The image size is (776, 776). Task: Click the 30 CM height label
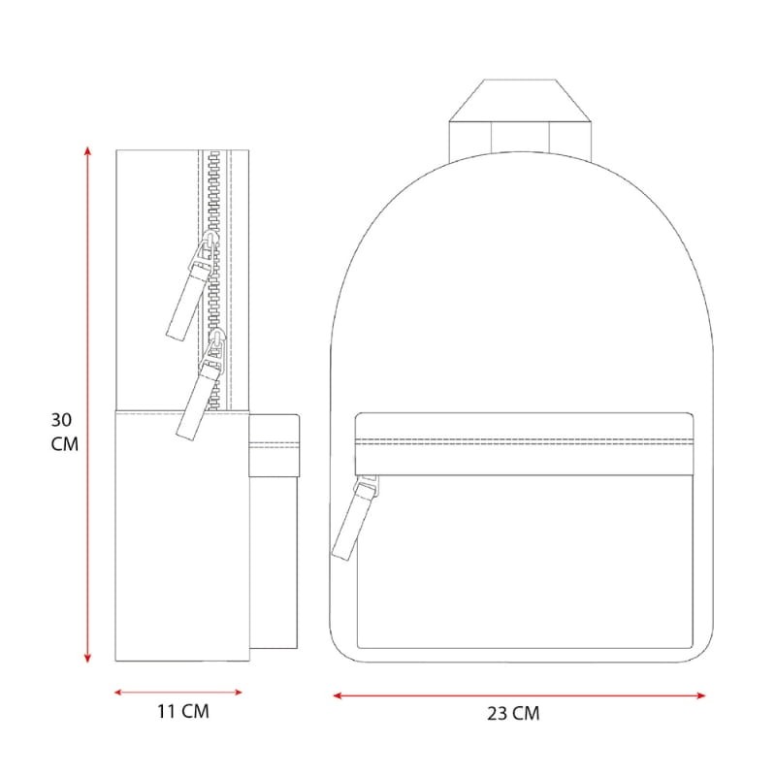coord(64,432)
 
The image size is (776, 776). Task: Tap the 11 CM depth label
coord(183,711)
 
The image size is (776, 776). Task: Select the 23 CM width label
coord(513,713)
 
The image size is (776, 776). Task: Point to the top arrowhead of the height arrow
coord(87,150)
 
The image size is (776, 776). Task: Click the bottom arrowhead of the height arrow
coord(87,659)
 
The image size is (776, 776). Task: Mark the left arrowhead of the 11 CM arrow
coord(118,692)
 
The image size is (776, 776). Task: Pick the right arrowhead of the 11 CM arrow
coord(238,692)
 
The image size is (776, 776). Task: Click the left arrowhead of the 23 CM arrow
coord(338,695)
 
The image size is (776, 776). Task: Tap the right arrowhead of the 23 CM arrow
coord(700,695)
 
